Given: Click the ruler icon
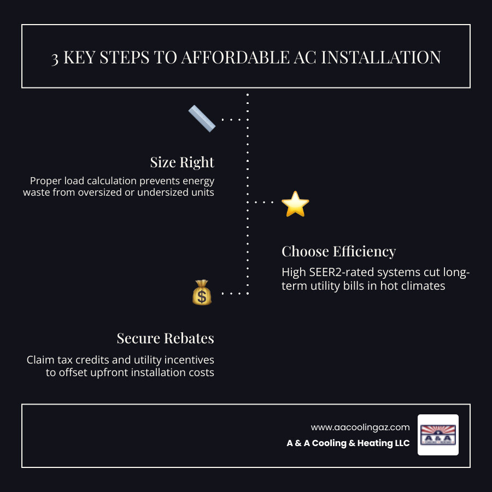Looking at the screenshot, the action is pyautogui.click(x=202, y=119).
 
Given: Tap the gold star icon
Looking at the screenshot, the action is pyautogui.click(x=295, y=204).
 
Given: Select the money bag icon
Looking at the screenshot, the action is pyautogui.click(x=202, y=293).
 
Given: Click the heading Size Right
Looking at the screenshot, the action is pyautogui.click(x=182, y=162).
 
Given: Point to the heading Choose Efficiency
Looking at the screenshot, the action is pyautogui.click(x=338, y=251).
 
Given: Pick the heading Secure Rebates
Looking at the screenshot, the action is pyautogui.click(x=165, y=338).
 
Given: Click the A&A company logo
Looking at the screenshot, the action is pyautogui.click(x=438, y=435).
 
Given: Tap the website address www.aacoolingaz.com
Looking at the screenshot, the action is pyautogui.click(x=360, y=427).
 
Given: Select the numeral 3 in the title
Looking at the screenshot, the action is pyautogui.click(x=55, y=58).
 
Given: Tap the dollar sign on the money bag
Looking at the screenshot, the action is pyautogui.click(x=202, y=297).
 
